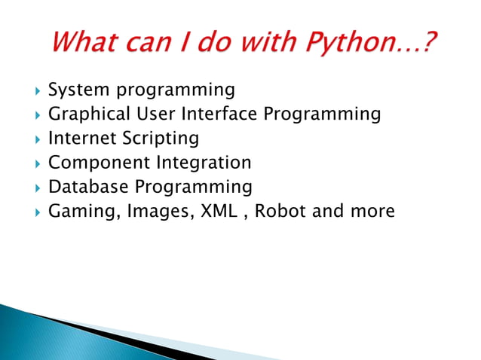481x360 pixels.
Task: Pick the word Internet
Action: (x=79, y=139)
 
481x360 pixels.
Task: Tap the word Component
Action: (x=100, y=163)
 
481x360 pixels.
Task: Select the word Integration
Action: (x=204, y=163)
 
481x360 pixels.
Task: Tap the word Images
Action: (x=158, y=212)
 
